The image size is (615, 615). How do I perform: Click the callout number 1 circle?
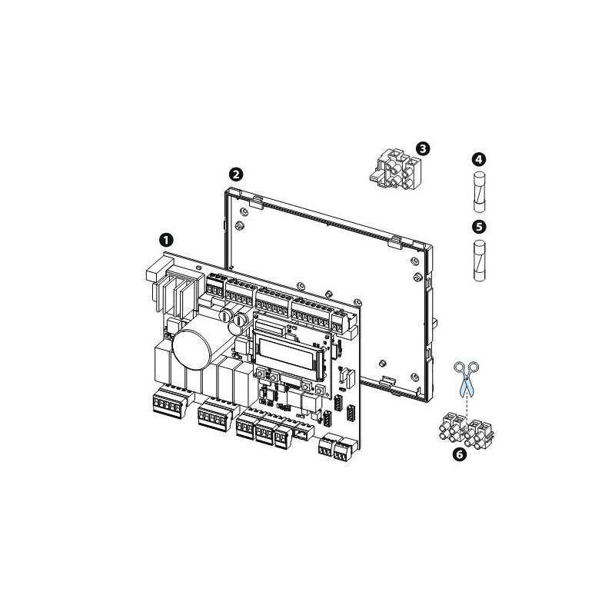[x=165, y=239]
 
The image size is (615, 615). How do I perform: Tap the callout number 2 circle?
[x=238, y=174]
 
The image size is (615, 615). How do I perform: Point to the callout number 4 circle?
[x=478, y=160]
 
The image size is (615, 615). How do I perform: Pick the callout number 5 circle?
[x=478, y=228]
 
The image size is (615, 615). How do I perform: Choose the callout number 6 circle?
[x=460, y=454]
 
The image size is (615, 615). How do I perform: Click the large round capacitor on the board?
[x=193, y=345]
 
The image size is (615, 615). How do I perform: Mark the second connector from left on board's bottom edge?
[x=213, y=417]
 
